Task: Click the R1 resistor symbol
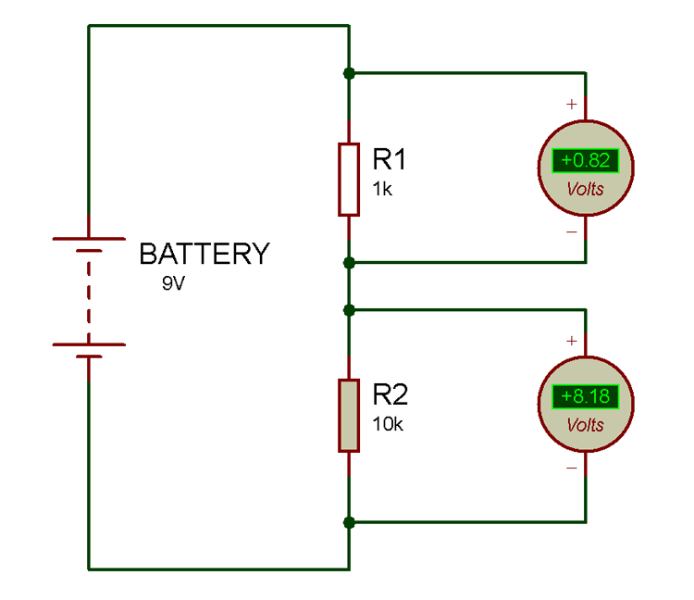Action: click(x=348, y=179)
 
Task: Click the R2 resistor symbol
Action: click(x=348, y=415)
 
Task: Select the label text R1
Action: click(x=390, y=159)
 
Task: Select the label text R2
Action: click(x=390, y=395)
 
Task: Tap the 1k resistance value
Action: click(x=383, y=189)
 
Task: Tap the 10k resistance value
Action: click(x=388, y=425)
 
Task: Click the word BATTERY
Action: click(x=204, y=254)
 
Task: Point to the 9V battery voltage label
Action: click(x=174, y=283)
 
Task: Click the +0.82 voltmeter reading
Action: click(x=585, y=160)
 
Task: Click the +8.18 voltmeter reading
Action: click(x=585, y=396)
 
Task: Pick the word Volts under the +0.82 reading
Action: click(x=585, y=189)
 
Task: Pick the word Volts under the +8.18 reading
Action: click(x=585, y=425)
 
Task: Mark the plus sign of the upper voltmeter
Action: click(x=572, y=105)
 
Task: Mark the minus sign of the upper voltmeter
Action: click(x=572, y=231)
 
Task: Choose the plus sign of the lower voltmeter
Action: click(x=572, y=341)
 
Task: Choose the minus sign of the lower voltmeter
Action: click(x=572, y=468)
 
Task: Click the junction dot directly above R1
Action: click(x=348, y=72)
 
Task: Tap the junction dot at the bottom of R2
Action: click(x=348, y=522)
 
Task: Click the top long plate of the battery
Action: click(x=89, y=238)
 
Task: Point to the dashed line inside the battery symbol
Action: click(x=89, y=296)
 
